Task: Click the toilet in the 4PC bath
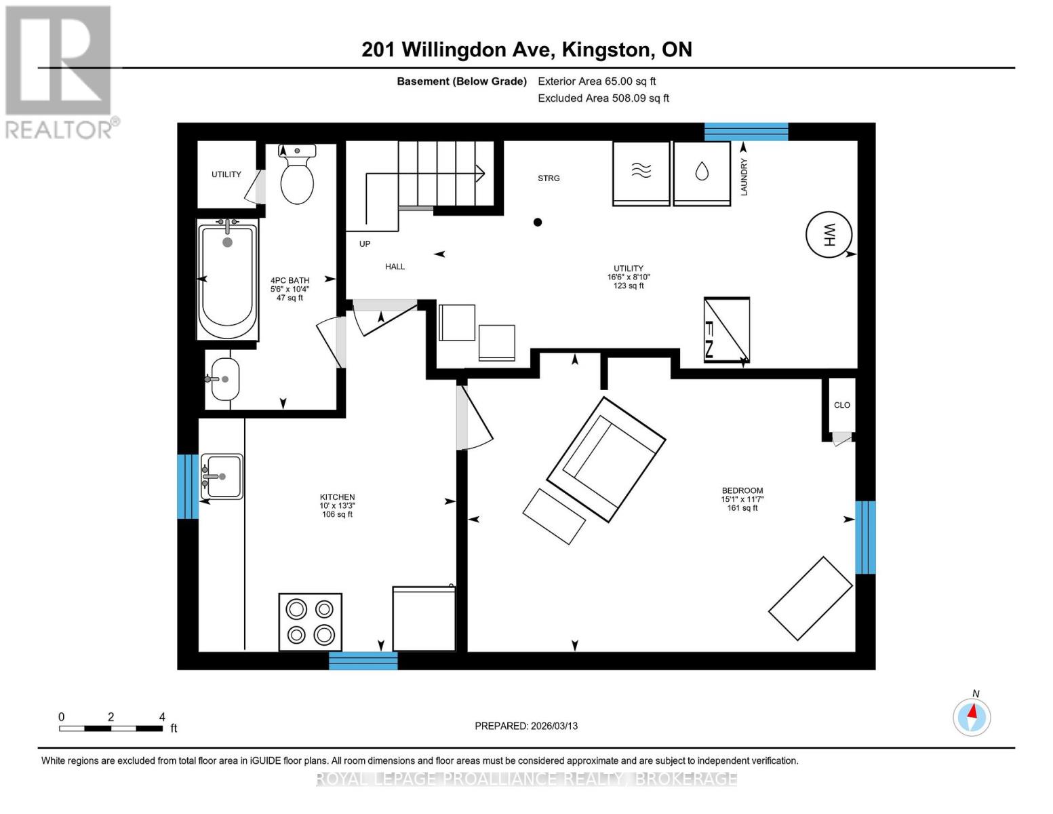pos(297,176)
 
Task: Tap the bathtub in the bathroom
pos(228,279)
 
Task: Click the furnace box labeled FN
pos(726,330)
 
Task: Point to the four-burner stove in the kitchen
pos(310,622)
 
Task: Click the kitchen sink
pos(222,476)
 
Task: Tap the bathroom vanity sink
pos(224,379)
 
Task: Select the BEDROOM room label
pos(742,490)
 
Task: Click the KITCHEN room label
pos(337,497)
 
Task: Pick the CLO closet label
pos(841,405)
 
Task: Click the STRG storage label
pos(549,178)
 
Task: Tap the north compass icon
pos(972,716)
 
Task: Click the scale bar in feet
pos(111,729)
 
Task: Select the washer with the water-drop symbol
pos(701,173)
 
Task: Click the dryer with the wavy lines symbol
pos(641,173)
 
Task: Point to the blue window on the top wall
pos(746,132)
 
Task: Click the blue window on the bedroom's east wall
pos(865,537)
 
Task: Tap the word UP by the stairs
pos(365,244)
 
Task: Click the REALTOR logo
pos(60,72)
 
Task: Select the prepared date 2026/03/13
pos(526,726)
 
